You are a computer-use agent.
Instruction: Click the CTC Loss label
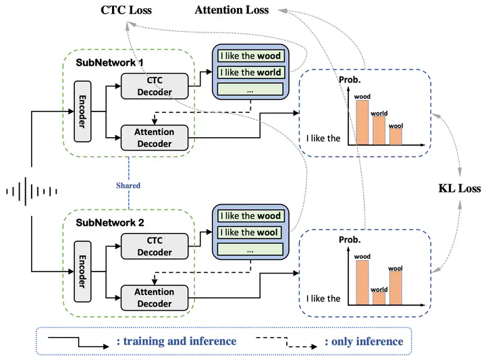coord(126,10)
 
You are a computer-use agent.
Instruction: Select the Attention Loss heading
coord(232,10)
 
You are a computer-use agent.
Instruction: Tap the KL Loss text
coord(460,188)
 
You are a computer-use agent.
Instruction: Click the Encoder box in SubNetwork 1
coord(82,111)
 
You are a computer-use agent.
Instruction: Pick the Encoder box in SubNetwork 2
coord(82,272)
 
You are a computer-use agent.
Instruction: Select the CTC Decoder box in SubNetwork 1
coord(155,86)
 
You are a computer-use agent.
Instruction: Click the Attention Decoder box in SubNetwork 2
coord(155,298)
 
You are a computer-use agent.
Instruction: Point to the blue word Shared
coord(128,186)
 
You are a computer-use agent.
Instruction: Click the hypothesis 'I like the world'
coord(250,72)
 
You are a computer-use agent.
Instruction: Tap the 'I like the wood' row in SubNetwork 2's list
coord(250,216)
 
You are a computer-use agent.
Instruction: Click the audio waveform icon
coord(32,191)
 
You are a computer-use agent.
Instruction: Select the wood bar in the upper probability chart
coord(362,122)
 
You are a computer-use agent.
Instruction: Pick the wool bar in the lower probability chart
coord(396,288)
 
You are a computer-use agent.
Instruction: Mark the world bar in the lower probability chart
coord(379,299)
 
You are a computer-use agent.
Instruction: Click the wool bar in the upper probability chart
coord(396,136)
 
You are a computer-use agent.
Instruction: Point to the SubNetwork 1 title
coord(110,63)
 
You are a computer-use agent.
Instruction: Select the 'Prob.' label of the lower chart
coord(350,240)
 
